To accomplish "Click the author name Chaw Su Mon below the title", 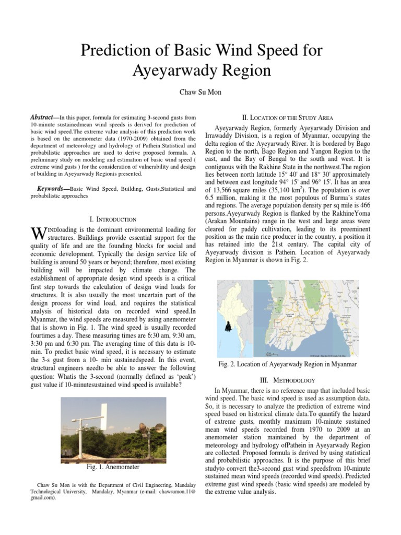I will click(200, 92).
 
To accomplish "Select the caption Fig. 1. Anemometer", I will click(113, 467).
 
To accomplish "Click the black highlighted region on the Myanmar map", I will click(228, 326).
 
